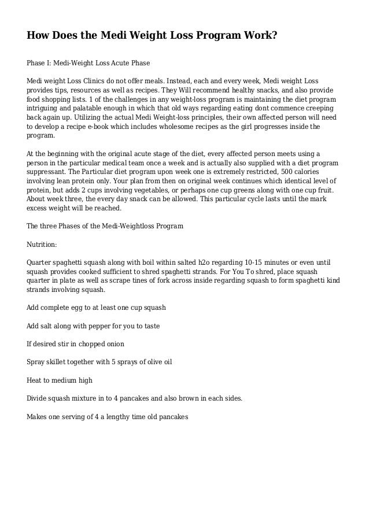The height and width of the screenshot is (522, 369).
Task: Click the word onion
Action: click(x=111, y=345)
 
